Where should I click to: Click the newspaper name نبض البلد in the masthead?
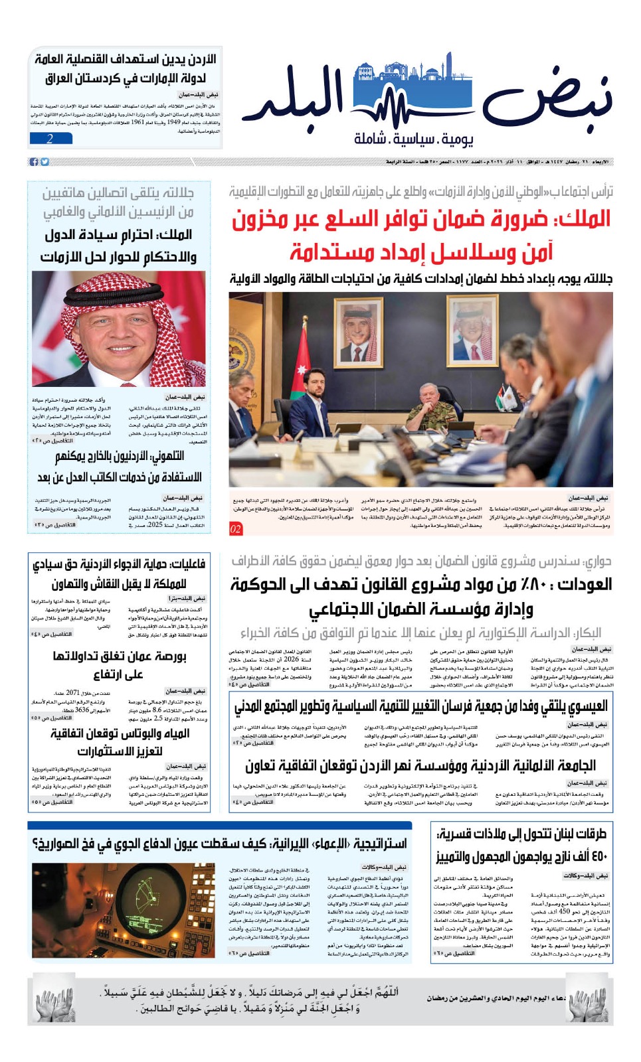coord(435,100)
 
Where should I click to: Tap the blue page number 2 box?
coord(50,139)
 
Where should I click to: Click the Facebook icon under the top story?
coord(34,162)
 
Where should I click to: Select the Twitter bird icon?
coord(45,162)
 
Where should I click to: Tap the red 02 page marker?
coord(236,529)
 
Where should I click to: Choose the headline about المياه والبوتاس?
coord(120,733)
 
